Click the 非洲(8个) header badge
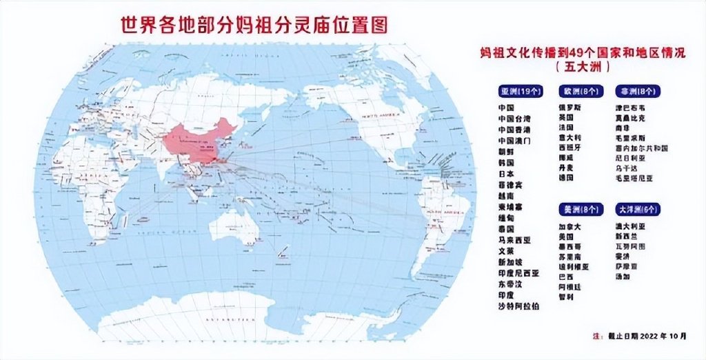point(637,91)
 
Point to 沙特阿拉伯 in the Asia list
point(516,306)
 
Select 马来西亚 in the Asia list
point(514,240)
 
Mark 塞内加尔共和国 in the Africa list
point(642,148)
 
